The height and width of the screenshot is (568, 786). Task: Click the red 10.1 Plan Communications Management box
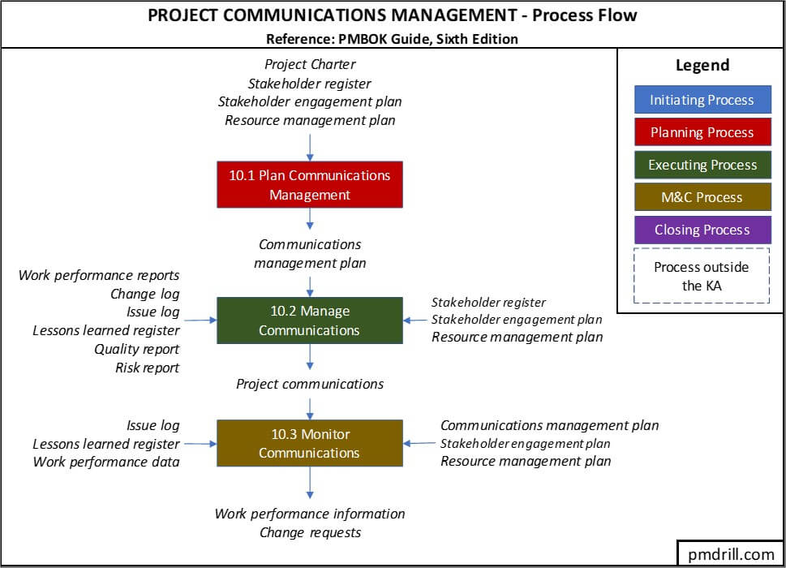pyautogui.click(x=309, y=185)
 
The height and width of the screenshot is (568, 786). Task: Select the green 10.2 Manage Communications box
pyautogui.click(x=309, y=321)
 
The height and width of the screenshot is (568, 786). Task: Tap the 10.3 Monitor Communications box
pyautogui.click(x=309, y=443)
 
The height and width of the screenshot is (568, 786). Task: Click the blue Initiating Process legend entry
pyautogui.click(x=702, y=101)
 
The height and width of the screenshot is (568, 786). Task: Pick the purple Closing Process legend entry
pyautogui.click(x=702, y=230)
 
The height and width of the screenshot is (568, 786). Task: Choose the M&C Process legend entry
pyautogui.click(x=702, y=197)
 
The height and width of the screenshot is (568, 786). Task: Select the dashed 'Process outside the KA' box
pyautogui.click(x=702, y=276)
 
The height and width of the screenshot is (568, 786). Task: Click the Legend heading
pyautogui.click(x=702, y=66)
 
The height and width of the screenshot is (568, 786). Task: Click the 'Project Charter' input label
pyautogui.click(x=310, y=64)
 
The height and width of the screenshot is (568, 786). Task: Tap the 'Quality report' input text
pyautogui.click(x=136, y=349)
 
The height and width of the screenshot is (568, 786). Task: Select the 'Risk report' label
pyautogui.click(x=147, y=368)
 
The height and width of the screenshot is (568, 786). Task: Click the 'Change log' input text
pyautogui.click(x=144, y=294)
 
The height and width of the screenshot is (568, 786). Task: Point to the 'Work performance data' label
pyautogui.click(x=106, y=463)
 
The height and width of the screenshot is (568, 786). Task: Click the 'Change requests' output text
pyautogui.click(x=310, y=533)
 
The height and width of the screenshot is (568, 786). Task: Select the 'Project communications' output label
pyautogui.click(x=310, y=384)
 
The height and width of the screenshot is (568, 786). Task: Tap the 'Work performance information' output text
pyautogui.click(x=310, y=514)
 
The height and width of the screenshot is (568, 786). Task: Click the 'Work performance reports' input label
pyautogui.click(x=99, y=275)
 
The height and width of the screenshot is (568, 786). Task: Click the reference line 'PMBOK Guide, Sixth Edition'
pyautogui.click(x=392, y=38)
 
